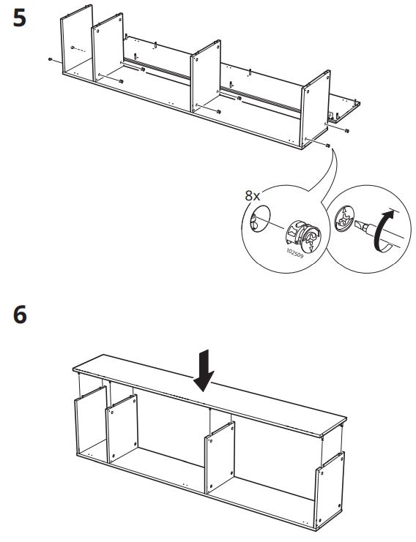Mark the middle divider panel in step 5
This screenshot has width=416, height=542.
pos(206,80)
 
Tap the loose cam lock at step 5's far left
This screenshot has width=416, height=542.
pos(48,58)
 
